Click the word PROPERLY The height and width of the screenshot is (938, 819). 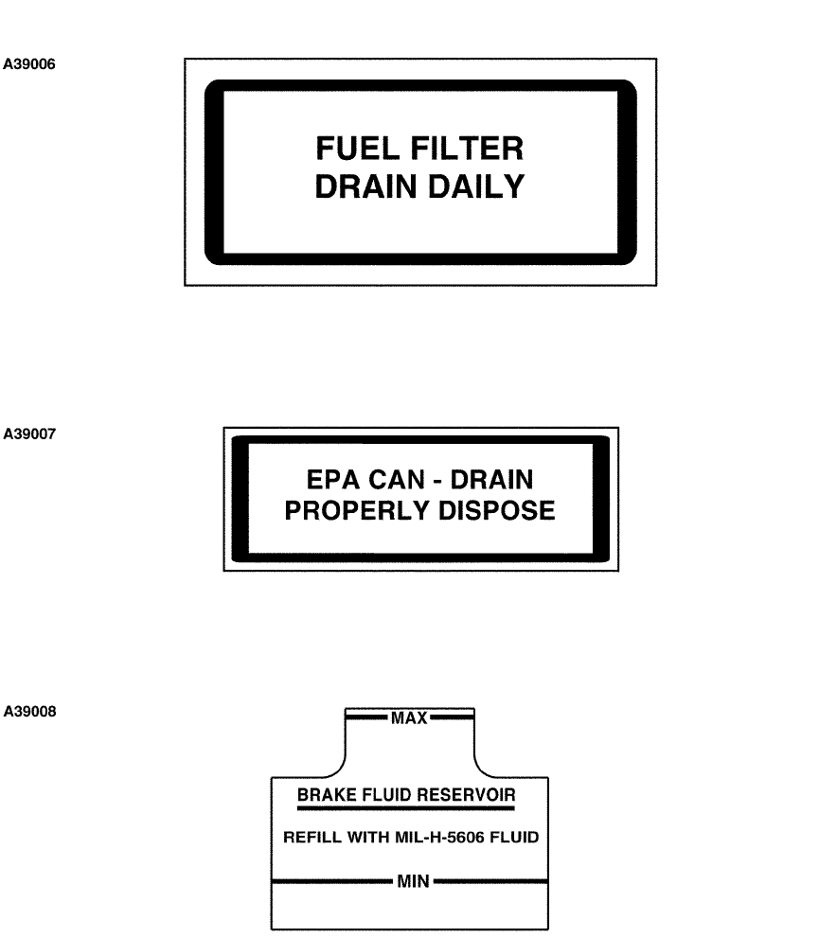(x=349, y=511)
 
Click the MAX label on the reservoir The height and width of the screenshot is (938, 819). (x=409, y=718)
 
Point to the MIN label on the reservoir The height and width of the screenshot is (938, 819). (x=413, y=881)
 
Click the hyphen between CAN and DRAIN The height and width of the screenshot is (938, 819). (x=445, y=480)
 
